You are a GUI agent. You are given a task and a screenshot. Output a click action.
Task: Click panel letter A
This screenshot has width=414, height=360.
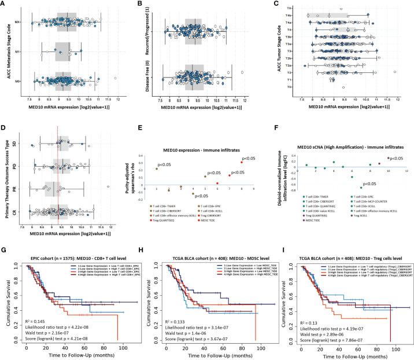coord(5,5)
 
